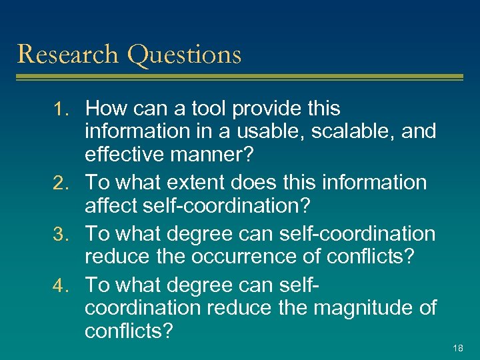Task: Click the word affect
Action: [x=111, y=205]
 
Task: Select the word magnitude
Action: [x=357, y=309]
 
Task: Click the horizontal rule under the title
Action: [x=240, y=77]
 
